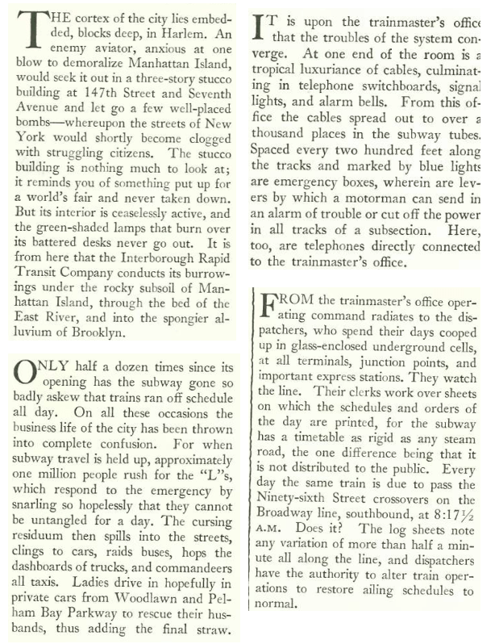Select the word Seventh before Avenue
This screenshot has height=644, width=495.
[214, 107]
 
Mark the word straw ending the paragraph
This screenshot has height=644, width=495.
[213, 626]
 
